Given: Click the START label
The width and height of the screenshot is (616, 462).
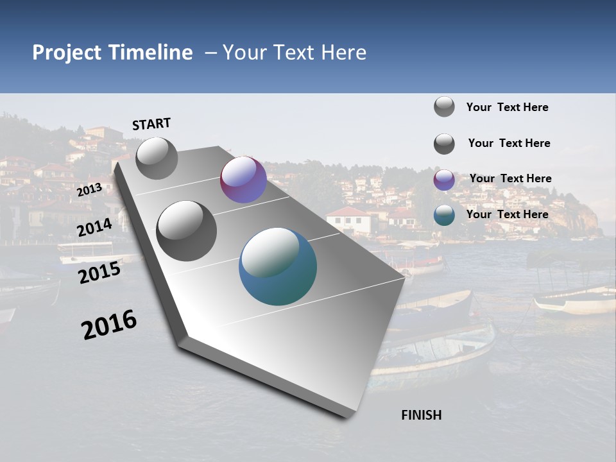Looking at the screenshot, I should tap(151, 124).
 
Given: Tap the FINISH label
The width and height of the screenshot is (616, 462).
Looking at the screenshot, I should tap(421, 415).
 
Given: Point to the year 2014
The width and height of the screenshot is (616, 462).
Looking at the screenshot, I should tap(94, 228).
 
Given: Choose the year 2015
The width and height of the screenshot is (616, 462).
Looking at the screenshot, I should tap(99, 273).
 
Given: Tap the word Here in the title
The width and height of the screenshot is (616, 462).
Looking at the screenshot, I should tap(343, 53).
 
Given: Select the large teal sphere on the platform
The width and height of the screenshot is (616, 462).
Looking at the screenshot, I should tap(278, 266).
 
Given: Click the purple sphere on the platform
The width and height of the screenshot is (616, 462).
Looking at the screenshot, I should tap(243, 180).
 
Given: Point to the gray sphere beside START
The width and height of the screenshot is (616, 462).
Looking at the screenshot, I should tap(157, 158).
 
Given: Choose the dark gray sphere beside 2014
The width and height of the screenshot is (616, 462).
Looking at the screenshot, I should tap(187, 231).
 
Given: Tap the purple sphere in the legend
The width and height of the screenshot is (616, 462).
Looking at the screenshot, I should tap(444, 180).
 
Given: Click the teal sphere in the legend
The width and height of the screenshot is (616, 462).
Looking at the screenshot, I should tap(444, 215).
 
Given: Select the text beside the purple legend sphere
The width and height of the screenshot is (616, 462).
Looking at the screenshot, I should tap(510, 178).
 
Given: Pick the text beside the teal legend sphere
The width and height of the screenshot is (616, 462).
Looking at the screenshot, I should tap(507, 214).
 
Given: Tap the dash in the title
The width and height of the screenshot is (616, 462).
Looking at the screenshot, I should tap(210, 53).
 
